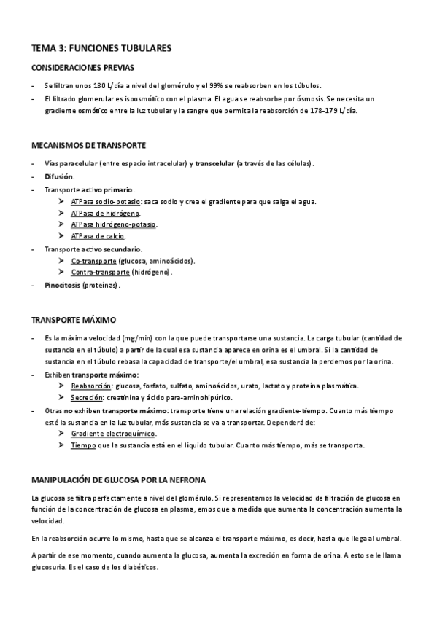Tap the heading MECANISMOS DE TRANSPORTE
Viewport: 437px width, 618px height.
pos(90,145)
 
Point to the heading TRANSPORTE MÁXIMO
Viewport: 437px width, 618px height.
pos(74,320)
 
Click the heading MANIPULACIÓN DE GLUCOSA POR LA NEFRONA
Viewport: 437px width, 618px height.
pos(118,480)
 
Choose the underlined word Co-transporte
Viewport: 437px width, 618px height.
pos(93,260)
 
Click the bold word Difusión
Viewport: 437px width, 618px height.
pos(59,177)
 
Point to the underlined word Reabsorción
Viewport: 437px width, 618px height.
pos(92,386)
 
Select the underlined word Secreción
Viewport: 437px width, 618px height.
pos(88,397)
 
